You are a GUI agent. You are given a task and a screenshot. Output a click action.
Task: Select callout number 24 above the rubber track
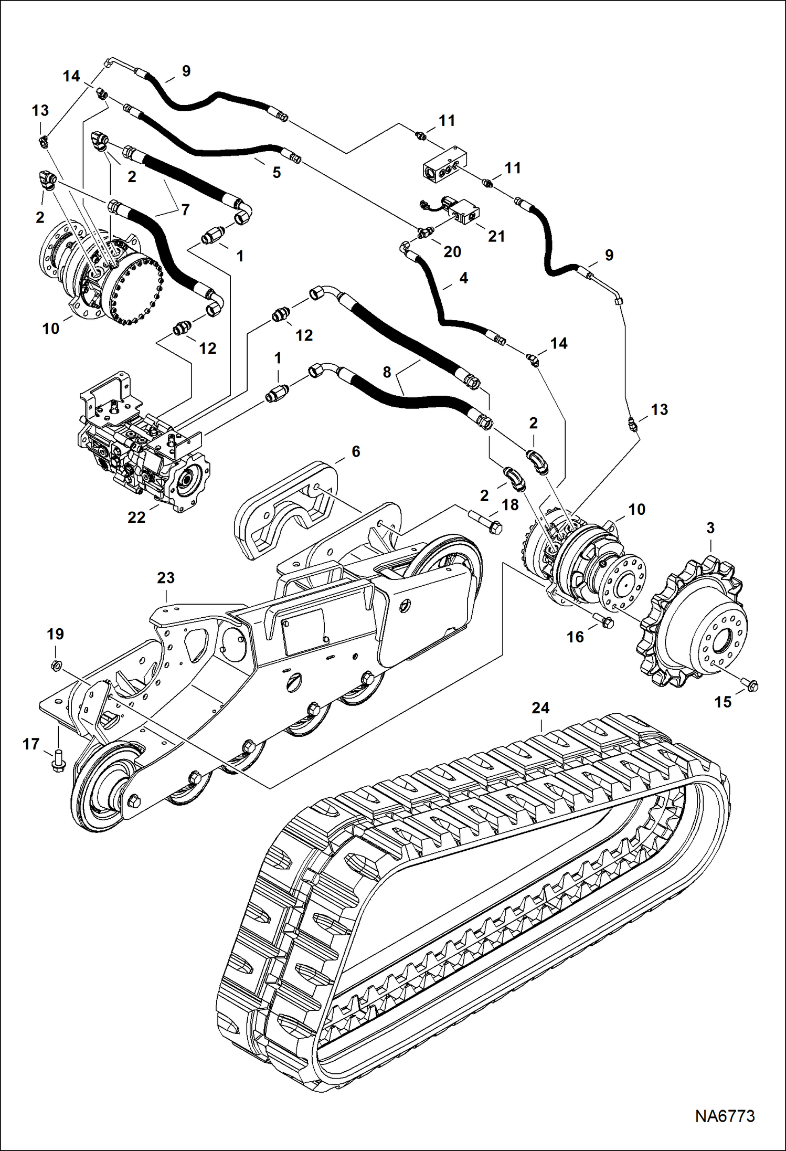click(540, 708)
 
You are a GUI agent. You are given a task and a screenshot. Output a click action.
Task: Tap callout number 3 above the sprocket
click(710, 528)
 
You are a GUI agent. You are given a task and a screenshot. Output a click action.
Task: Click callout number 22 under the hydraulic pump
click(136, 517)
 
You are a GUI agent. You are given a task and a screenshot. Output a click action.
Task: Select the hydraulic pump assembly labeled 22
click(142, 446)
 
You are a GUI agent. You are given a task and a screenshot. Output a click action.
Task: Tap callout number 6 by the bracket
click(356, 451)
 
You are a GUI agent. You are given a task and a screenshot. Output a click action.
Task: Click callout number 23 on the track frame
click(166, 578)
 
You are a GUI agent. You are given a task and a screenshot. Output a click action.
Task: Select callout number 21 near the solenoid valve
click(496, 236)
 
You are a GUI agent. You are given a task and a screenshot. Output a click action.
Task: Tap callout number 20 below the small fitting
click(452, 251)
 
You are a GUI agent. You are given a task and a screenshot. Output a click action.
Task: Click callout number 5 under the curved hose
click(277, 173)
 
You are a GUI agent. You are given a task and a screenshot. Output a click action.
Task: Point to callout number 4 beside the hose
click(463, 278)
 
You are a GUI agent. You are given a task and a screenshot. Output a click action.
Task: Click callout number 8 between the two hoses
click(387, 372)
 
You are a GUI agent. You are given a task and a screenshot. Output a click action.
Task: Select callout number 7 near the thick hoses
click(185, 210)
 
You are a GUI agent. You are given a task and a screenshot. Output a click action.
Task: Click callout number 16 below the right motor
click(575, 637)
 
